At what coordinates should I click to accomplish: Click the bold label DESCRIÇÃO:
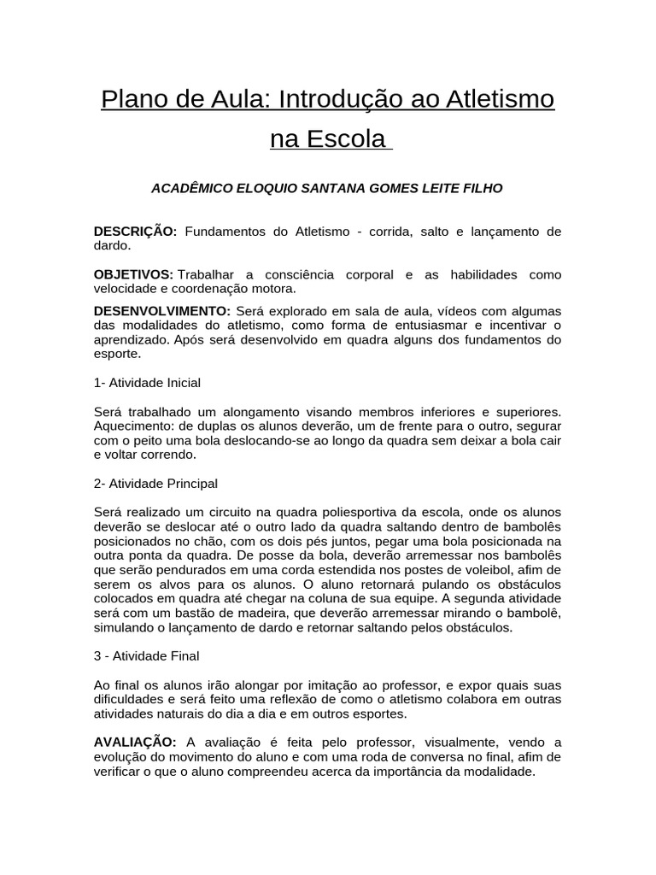[x=135, y=231]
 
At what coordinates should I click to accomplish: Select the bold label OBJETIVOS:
[x=133, y=274]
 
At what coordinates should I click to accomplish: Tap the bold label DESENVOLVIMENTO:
[x=161, y=310]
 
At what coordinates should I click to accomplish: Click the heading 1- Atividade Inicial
[x=147, y=382]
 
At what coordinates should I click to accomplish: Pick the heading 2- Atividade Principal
[x=155, y=483]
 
